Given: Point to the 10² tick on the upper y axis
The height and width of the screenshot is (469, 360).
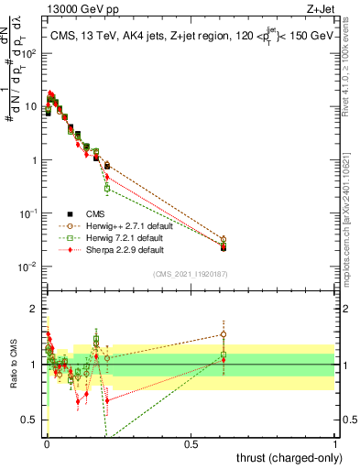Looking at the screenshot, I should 30,53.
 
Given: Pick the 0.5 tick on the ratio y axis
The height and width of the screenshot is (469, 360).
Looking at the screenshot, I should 31,420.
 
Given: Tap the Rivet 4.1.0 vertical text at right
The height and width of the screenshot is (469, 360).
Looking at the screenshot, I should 352,73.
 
